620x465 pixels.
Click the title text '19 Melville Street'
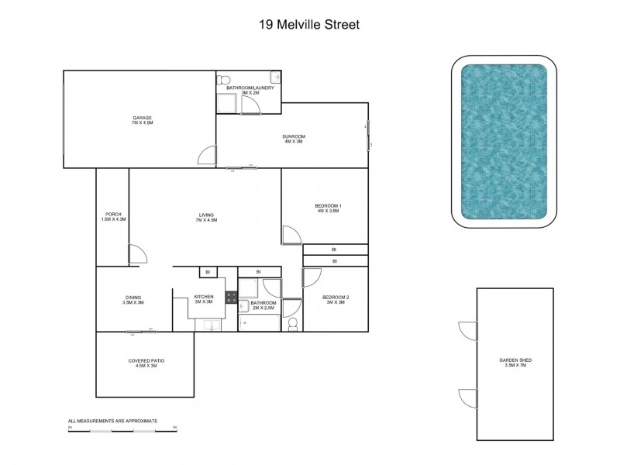point(309,24)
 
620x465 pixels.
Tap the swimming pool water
point(505,142)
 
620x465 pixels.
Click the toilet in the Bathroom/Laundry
point(225,79)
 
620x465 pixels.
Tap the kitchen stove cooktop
point(230,296)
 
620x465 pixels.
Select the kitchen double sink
point(211,325)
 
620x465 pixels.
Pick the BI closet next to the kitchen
point(206,271)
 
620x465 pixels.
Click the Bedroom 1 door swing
point(291,235)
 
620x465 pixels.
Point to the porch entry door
point(136,254)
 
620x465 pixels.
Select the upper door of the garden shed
point(468,330)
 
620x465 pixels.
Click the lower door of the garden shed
point(468,398)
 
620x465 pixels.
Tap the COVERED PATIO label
point(146,363)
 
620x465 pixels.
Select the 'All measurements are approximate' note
point(112,421)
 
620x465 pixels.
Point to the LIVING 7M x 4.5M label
point(205,217)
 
